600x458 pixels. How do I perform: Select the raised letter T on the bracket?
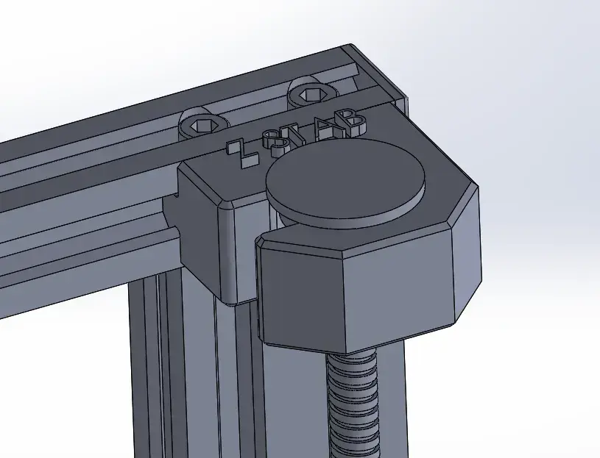point(298,133)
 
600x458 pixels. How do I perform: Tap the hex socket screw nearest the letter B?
point(310,93)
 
